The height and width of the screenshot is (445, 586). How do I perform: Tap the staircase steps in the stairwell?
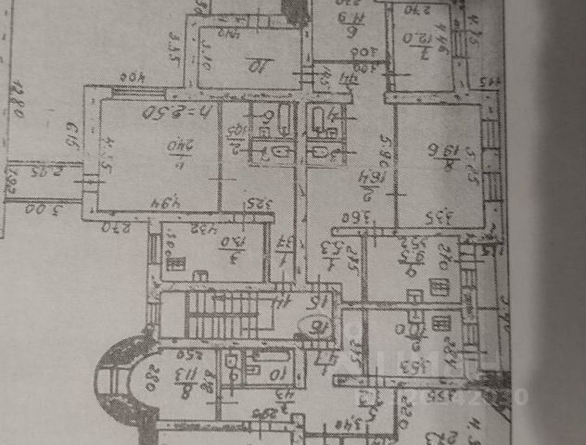223,315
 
